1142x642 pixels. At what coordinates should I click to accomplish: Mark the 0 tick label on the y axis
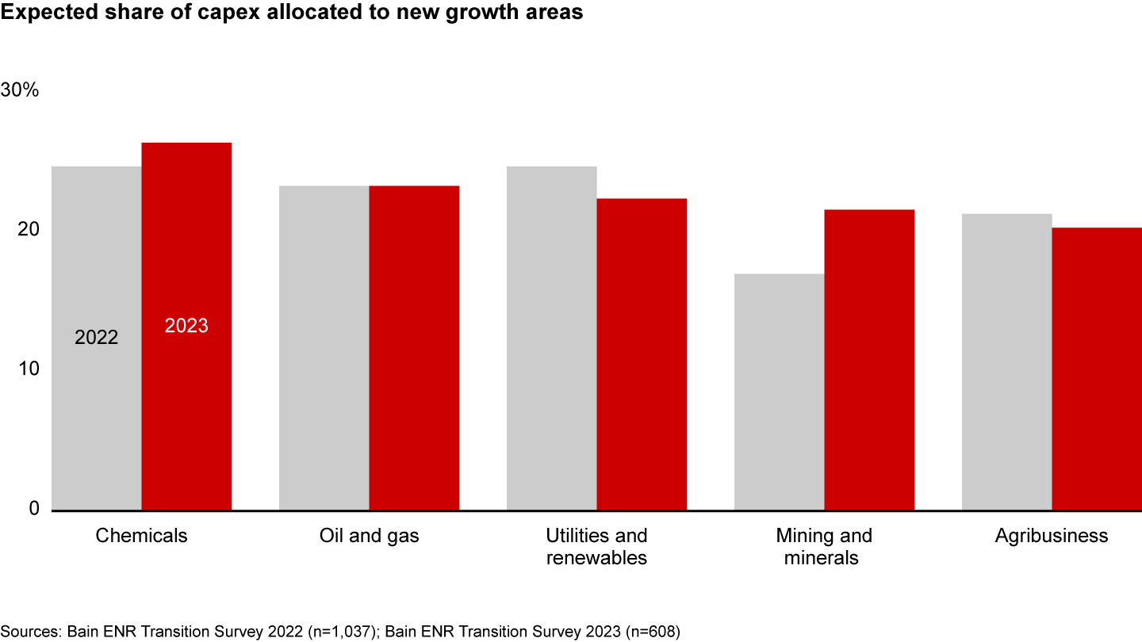point(34,508)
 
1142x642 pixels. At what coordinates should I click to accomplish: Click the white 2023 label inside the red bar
point(186,326)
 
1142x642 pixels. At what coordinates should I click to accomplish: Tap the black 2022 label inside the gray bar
point(96,338)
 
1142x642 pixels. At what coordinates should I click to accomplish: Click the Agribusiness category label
point(1051,536)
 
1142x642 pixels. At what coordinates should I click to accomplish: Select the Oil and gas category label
point(369,536)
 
